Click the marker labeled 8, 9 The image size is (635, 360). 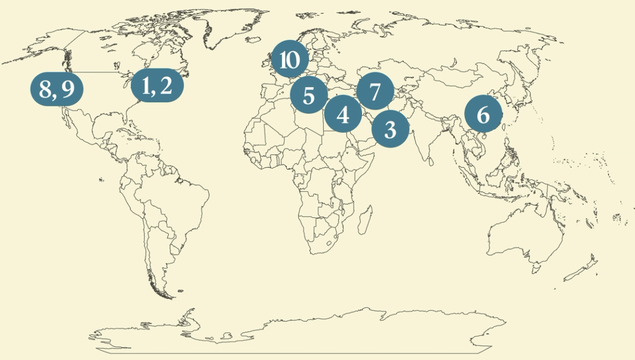tap(57, 88)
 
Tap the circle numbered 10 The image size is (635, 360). tap(290, 59)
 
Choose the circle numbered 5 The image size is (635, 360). tap(309, 95)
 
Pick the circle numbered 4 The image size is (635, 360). tap(343, 115)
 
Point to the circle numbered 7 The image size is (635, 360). tap(375, 92)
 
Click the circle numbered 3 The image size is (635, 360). tap(391, 130)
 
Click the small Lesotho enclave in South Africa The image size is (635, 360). tap(330, 243)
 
